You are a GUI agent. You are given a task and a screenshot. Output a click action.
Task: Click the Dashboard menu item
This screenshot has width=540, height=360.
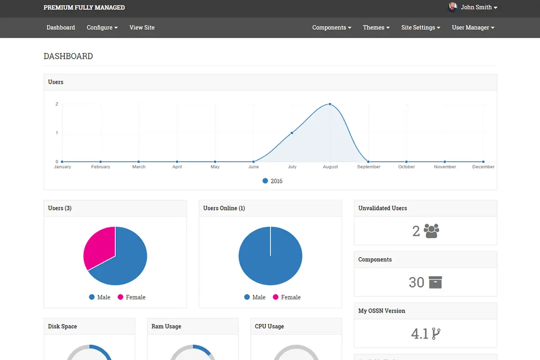[x=61, y=27]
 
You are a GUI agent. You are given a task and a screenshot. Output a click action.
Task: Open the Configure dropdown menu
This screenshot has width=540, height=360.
[x=102, y=27]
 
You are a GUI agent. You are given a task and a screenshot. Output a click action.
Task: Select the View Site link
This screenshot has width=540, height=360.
[x=142, y=27]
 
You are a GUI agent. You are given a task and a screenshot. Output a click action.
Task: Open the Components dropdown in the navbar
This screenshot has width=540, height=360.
[x=332, y=27]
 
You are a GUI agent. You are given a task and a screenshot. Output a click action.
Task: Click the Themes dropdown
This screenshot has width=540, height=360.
[x=376, y=27]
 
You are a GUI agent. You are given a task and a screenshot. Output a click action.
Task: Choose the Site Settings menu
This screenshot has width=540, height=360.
[x=420, y=27]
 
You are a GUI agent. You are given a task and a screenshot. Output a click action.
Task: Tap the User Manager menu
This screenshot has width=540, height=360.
[x=473, y=27]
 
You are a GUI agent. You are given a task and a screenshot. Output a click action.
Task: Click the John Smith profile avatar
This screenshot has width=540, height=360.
[x=453, y=7]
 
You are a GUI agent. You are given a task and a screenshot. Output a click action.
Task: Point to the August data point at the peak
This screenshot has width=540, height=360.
[x=330, y=104]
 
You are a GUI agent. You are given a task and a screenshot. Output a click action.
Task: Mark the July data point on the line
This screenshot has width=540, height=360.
[x=292, y=133]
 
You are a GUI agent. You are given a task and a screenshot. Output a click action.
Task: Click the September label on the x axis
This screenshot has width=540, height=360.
[x=369, y=167]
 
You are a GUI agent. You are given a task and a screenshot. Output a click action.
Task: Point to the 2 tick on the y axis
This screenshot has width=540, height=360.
[x=57, y=104]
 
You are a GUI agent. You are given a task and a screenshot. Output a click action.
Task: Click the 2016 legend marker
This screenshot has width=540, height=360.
[x=265, y=181]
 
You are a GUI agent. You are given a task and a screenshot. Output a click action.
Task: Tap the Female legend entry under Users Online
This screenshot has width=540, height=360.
[x=286, y=297]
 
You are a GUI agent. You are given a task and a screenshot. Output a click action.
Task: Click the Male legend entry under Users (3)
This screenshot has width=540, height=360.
[x=99, y=297]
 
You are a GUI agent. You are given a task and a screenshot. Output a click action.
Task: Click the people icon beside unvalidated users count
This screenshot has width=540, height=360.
[x=431, y=231]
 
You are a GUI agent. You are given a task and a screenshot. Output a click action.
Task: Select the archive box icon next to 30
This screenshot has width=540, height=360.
[x=435, y=282]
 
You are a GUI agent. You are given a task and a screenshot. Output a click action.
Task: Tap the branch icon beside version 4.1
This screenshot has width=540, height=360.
[x=436, y=333]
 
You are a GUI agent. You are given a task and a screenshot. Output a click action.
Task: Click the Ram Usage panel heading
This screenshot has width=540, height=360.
[x=166, y=326]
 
